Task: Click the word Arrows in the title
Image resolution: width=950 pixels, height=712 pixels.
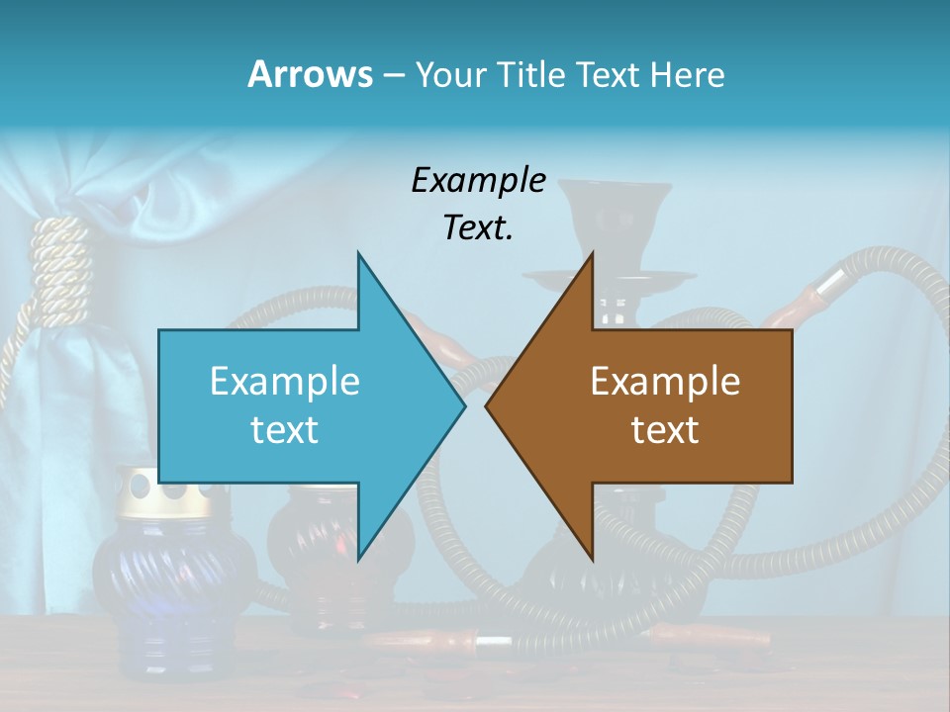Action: (x=310, y=74)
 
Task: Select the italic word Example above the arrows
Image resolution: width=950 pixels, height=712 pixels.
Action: (x=478, y=181)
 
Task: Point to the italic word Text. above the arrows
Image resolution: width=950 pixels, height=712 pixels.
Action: (x=478, y=227)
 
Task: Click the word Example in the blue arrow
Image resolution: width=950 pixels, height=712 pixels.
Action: (x=285, y=381)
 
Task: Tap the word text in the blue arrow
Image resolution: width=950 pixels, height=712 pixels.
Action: (x=285, y=429)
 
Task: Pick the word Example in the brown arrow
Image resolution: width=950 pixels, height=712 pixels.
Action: (x=665, y=381)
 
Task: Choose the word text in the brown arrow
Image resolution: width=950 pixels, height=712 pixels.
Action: (x=665, y=429)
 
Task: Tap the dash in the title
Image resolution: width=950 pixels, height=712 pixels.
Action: (x=392, y=76)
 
